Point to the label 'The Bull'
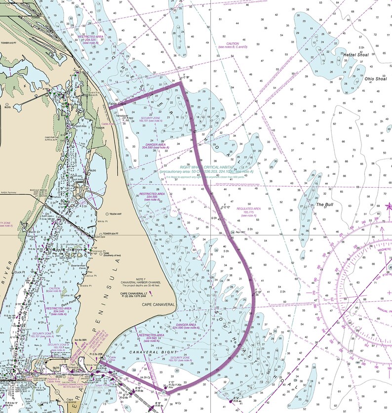pos(326,205)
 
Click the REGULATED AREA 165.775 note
pos(250,211)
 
